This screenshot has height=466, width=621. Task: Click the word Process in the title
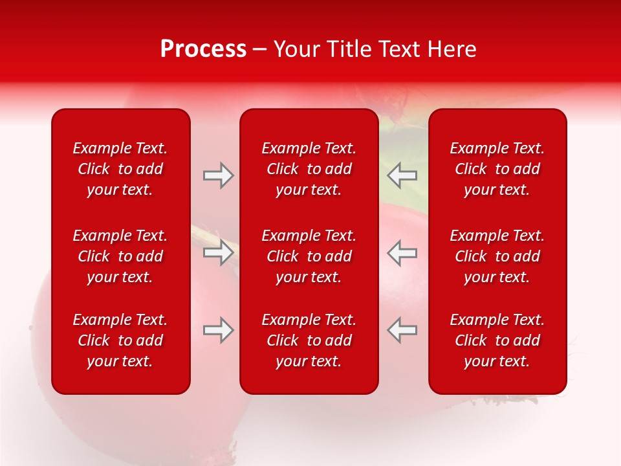[x=203, y=49]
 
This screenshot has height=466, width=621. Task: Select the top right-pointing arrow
[x=219, y=175]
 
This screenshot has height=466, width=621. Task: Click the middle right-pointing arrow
[x=219, y=252]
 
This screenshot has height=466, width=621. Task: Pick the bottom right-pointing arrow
[x=219, y=330]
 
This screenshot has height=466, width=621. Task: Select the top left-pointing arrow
[x=402, y=175]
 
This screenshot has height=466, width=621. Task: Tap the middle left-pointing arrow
[x=402, y=252]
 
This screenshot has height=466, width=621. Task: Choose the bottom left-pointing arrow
[x=402, y=330]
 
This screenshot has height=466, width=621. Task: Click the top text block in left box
[x=120, y=169]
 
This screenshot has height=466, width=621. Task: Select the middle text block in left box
[x=120, y=256]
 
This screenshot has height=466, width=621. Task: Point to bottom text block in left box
[x=120, y=340]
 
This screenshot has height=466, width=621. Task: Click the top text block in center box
[x=309, y=169]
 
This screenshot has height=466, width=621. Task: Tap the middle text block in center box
[x=309, y=256]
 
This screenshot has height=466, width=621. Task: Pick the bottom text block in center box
[x=309, y=340]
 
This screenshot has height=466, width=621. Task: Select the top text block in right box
[x=497, y=169]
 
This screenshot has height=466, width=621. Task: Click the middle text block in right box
[x=497, y=256]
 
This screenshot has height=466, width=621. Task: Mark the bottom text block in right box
[x=497, y=340]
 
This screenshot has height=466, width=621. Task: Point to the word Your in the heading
[x=295, y=49]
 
